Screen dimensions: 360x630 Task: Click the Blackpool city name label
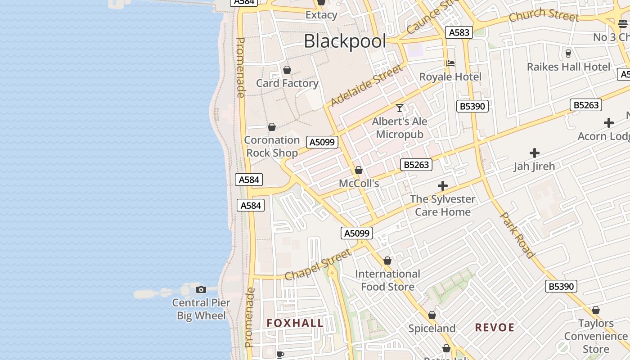click(x=345, y=41)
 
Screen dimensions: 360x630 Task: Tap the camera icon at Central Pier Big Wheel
click(x=201, y=289)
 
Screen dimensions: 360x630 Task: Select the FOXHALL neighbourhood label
click(x=295, y=323)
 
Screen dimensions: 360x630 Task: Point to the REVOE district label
click(x=495, y=328)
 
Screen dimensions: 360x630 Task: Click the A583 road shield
click(x=459, y=32)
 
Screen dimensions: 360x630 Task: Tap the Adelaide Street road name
click(x=366, y=85)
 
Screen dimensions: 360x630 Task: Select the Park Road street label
click(x=518, y=235)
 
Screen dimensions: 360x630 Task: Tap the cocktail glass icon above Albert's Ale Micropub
click(x=399, y=108)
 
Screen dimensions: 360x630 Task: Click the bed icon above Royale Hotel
click(x=450, y=63)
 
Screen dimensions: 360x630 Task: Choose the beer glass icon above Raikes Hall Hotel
click(x=568, y=54)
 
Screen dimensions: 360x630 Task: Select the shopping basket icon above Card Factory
click(x=287, y=70)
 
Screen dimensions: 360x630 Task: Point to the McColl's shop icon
click(x=359, y=170)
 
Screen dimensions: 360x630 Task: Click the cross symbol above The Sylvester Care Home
click(x=443, y=186)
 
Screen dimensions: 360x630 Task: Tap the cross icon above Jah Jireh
click(x=535, y=153)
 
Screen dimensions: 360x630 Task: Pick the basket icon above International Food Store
click(x=387, y=261)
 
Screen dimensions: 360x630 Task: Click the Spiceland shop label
click(x=432, y=328)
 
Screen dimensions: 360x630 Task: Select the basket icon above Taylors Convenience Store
click(x=596, y=310)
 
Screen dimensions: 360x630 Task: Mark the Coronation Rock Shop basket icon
click(x=272, y=127)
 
